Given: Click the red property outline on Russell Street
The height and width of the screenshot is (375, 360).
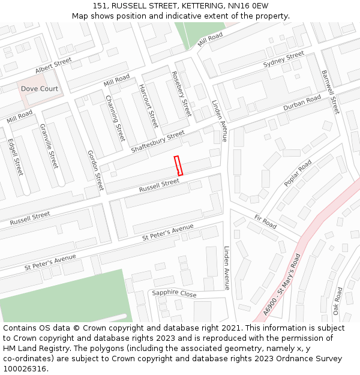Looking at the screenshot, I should point(178,165).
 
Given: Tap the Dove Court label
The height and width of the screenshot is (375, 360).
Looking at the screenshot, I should point(40,89).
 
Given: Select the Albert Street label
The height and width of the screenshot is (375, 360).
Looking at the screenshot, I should point(53,66).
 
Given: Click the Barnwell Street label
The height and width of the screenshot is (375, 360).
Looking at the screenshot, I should point(331,92).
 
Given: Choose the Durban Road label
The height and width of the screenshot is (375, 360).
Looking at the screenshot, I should point(302,103).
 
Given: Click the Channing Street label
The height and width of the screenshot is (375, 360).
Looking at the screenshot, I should point(115,117).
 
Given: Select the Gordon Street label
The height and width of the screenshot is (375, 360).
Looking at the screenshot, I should point(95,170).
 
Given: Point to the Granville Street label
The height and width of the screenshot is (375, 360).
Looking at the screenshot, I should point(49,146).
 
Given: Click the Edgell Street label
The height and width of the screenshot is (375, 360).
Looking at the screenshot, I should point(15,157).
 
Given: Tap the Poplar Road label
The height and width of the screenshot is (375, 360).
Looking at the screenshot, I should point(298,173).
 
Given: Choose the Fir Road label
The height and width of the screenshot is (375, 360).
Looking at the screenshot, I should point(265,221).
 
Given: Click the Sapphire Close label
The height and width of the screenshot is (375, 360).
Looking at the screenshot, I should point(174,293).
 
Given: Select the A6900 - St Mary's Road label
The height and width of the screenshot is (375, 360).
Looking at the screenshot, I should point(281,284).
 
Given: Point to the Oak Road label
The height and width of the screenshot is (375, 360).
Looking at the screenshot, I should point(337,301).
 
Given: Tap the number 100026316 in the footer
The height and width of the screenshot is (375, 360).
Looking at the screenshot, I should point(24,369).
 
